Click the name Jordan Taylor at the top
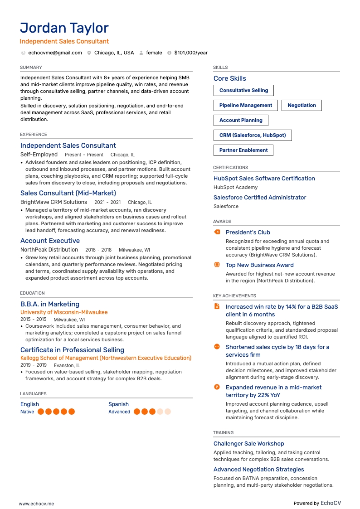(64, 28)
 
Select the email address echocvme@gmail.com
(55, 53)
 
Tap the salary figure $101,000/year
(191, 53)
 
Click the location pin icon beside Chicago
(89, 53)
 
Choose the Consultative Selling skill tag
(243, 91)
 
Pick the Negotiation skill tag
(302, 106)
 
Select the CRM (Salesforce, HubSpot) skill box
(253, 136)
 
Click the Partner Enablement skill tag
(243, 150)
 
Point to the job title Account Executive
(50, 241)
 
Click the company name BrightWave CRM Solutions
(54, 202)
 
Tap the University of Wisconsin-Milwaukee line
(64, 312)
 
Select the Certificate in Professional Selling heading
(72, 350)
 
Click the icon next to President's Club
(217, 232)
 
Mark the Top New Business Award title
(259, 265)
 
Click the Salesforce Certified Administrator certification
(260, 198)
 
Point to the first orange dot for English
(41, 412)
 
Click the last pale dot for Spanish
(168, 412)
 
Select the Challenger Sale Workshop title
(249, 444)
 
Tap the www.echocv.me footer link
(36, 504)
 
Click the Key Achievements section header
(234, 296)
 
